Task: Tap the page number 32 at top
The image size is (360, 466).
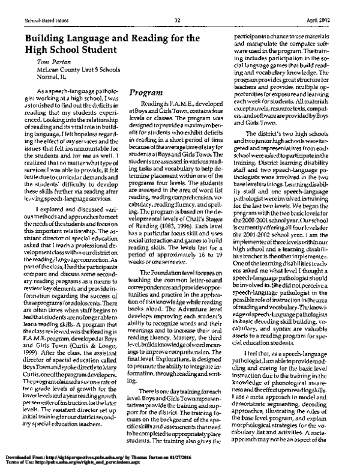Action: (x=177, y=20)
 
